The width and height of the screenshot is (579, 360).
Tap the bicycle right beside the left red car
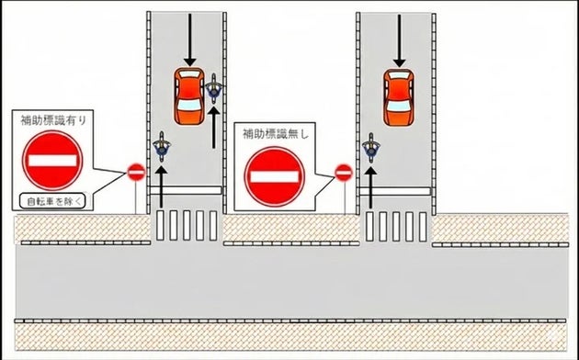[x=214, y=88]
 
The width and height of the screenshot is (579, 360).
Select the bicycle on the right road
[x=371, y=148]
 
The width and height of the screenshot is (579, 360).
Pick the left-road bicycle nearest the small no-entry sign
[x=163, y=147]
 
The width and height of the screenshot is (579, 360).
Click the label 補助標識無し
[x=273, y=133]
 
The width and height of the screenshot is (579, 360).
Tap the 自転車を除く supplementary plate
[x=51, y=198]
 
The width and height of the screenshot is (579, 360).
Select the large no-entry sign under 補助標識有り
[x=52, y=158]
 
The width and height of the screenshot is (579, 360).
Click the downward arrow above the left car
[x=190, y=39]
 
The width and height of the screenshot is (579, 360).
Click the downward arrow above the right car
[x=398, y=39]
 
